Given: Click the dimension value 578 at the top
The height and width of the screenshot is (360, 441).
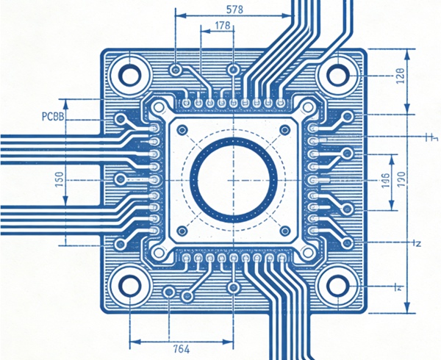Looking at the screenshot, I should [234, 10].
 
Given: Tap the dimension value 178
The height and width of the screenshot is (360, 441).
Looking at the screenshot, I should [223, 26].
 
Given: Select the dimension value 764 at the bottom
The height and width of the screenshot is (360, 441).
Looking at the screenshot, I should [181, 348].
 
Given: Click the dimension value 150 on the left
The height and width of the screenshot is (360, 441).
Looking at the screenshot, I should [58, 179].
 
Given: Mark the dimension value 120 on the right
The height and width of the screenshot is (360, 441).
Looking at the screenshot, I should [401, 179].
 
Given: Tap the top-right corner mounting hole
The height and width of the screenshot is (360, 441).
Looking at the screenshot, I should [337, 74].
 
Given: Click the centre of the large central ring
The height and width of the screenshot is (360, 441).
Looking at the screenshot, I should [234, 179].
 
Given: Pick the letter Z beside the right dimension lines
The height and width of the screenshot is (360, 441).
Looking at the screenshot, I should [415, 242].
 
